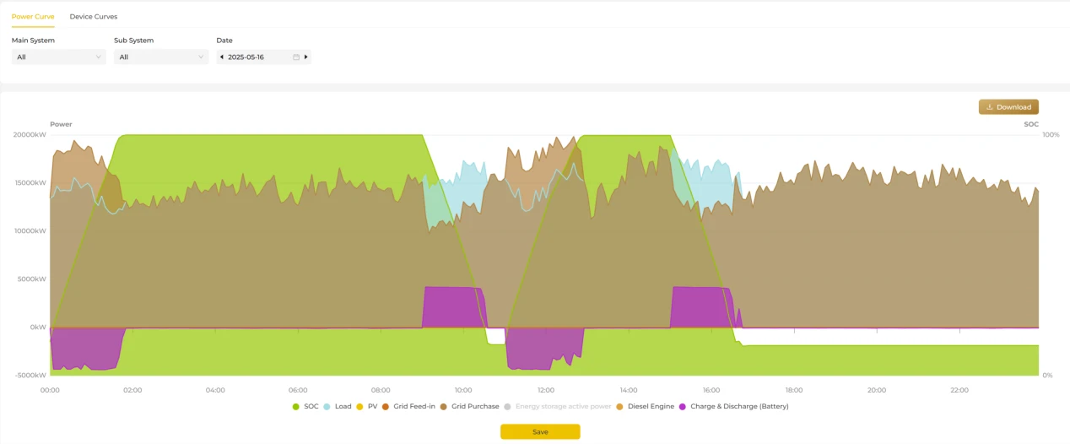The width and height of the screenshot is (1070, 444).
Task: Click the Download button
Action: tap(1008, 107)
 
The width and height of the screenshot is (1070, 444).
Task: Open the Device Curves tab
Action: tap(93, 16)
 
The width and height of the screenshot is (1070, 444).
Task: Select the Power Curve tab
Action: tap(33, 16)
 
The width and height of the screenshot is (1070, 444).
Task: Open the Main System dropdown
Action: tap(59, 57)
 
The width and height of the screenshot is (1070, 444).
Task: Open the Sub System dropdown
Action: tap(161, 57)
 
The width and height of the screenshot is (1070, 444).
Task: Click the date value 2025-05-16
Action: tap(246, 57)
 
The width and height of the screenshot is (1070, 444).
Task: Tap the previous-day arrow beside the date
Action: tap(222, 57)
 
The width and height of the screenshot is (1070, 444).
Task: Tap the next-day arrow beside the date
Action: tap(305, 57)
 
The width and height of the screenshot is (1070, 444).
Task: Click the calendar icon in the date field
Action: tap(296, 57)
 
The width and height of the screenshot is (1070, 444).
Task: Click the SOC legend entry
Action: tap(305, 406)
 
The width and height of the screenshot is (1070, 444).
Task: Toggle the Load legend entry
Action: tap(338, 406)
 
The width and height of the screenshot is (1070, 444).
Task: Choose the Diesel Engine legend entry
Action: tap(646, 406)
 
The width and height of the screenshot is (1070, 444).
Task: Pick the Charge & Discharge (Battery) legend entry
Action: tap(733, 406)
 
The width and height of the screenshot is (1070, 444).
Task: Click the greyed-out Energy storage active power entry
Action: tap(558, 406)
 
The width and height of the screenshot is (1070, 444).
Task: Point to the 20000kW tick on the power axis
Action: tap(30, 135)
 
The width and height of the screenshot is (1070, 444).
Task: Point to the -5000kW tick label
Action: tap(30, 375)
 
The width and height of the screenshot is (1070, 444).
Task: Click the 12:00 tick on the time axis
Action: tap(546, 390)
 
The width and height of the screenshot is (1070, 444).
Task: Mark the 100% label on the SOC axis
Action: tap(1051, 135)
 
